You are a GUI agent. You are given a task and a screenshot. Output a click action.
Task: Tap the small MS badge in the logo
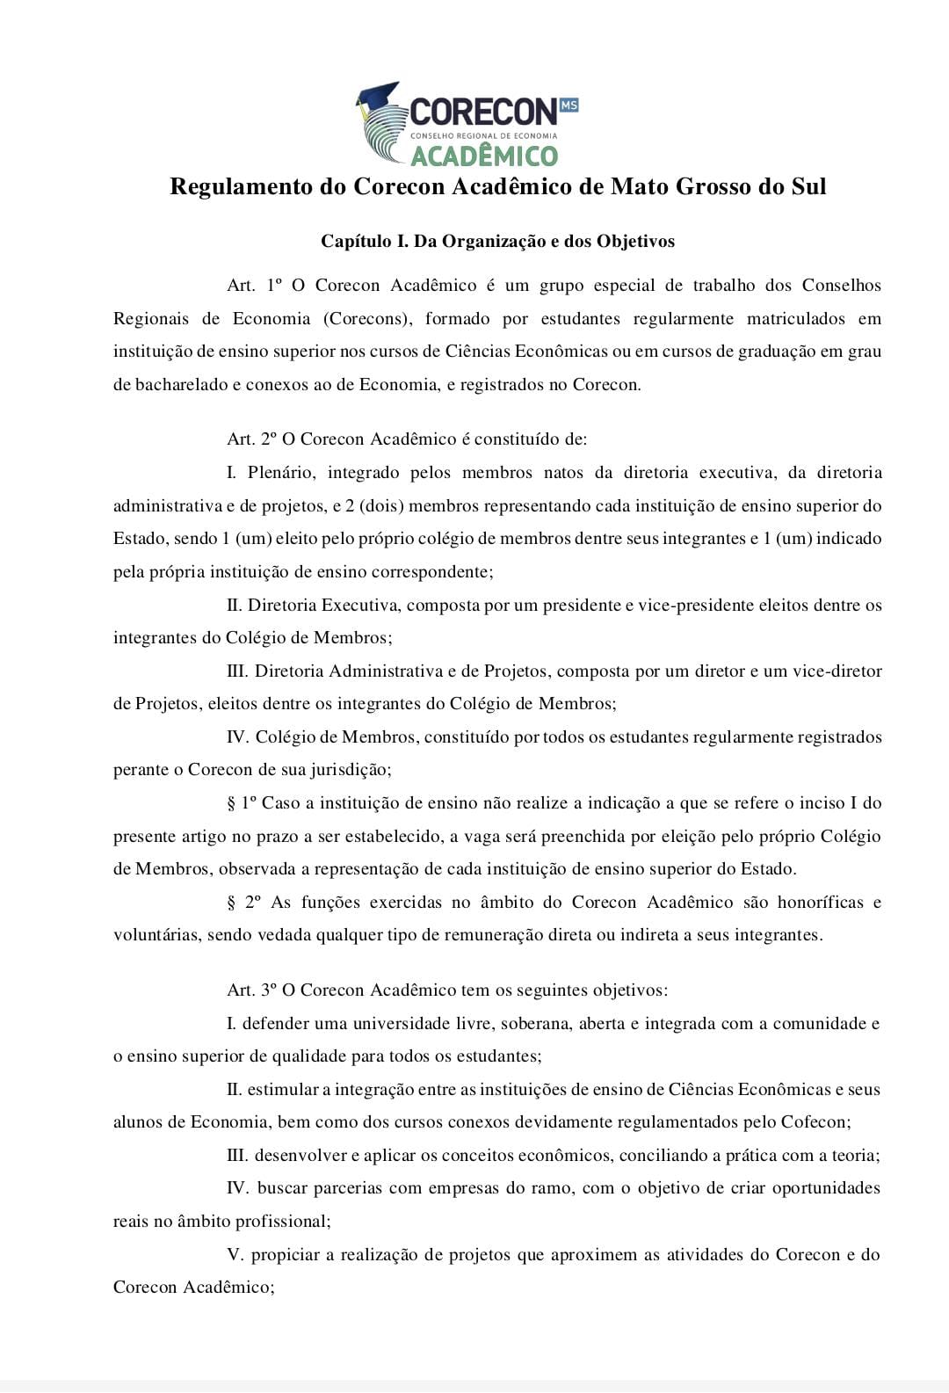[569, 105]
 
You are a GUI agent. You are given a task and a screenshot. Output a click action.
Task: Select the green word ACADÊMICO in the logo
[484, 156]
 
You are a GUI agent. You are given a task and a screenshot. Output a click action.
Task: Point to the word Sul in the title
[807, 187]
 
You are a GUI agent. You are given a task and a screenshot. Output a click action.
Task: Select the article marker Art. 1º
[254, 286]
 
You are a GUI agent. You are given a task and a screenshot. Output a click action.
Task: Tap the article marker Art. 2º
[252, 439]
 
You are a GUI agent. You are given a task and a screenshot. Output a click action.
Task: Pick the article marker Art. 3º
[252, 990]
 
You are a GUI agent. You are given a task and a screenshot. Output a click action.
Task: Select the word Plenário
[280, 473]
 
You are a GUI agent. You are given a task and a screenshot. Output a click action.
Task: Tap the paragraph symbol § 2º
[244, 903]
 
